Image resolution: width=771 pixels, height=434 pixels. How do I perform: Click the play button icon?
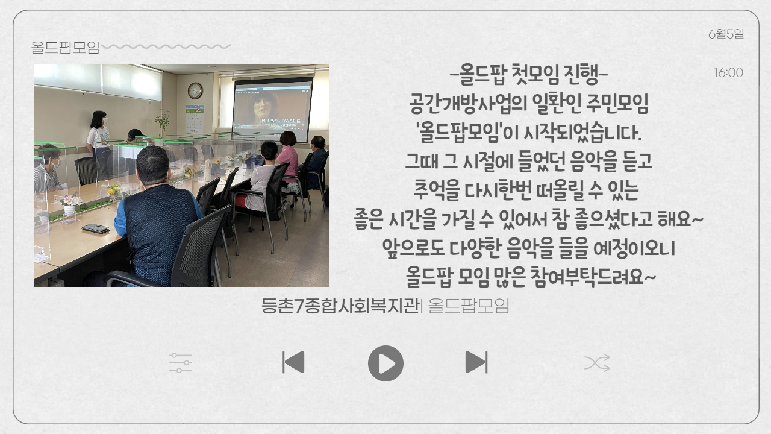click(385, 363)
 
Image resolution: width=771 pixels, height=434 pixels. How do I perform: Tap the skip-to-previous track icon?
click(293, 362)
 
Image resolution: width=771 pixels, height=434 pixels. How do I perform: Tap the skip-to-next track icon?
click(476, 362)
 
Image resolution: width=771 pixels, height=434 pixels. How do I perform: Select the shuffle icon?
click(597, 363)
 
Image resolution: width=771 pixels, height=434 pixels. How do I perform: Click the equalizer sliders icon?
click(180, 363)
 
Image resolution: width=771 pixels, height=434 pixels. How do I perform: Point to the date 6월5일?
click(726, 34)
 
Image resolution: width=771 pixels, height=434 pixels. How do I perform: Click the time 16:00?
click(729, 73)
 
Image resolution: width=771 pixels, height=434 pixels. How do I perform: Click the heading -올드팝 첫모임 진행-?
click(529, 74)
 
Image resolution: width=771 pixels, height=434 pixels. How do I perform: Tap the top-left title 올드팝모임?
click(66, 47)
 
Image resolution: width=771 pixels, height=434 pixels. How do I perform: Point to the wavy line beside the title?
click(166, 46)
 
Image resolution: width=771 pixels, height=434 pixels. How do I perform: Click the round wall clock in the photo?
click(195, 90)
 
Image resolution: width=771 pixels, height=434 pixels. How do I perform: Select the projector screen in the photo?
click(273, 108)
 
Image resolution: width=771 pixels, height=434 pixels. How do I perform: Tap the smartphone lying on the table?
click(95, 228)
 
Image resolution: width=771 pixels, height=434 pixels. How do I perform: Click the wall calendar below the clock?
click(195, 119)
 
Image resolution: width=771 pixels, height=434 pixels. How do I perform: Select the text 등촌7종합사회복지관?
click(340, 306)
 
